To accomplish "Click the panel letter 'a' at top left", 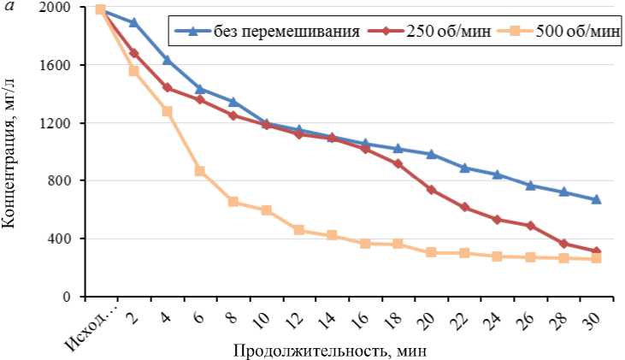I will [x=8, y=6].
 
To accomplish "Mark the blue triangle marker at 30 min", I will [x=596, y=199].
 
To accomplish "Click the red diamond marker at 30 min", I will [x=596, y=251].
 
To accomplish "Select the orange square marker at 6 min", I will [x=199, y=171].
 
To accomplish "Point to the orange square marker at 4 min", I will [x=167, y=111].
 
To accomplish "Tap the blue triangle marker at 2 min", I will [x=133, y=22].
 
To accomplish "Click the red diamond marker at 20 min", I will [x=431, y=190].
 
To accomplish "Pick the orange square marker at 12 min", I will [x=298, y=230].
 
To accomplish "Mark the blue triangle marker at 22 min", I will [x=464, y=168].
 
